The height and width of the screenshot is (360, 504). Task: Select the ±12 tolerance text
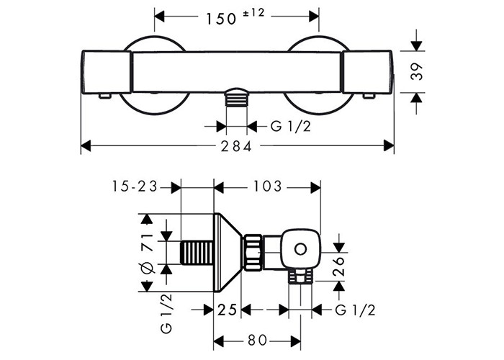point(253,13)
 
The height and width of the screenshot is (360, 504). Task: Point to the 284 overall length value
point(235,147)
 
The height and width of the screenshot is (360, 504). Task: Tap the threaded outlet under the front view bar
point(237,98)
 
